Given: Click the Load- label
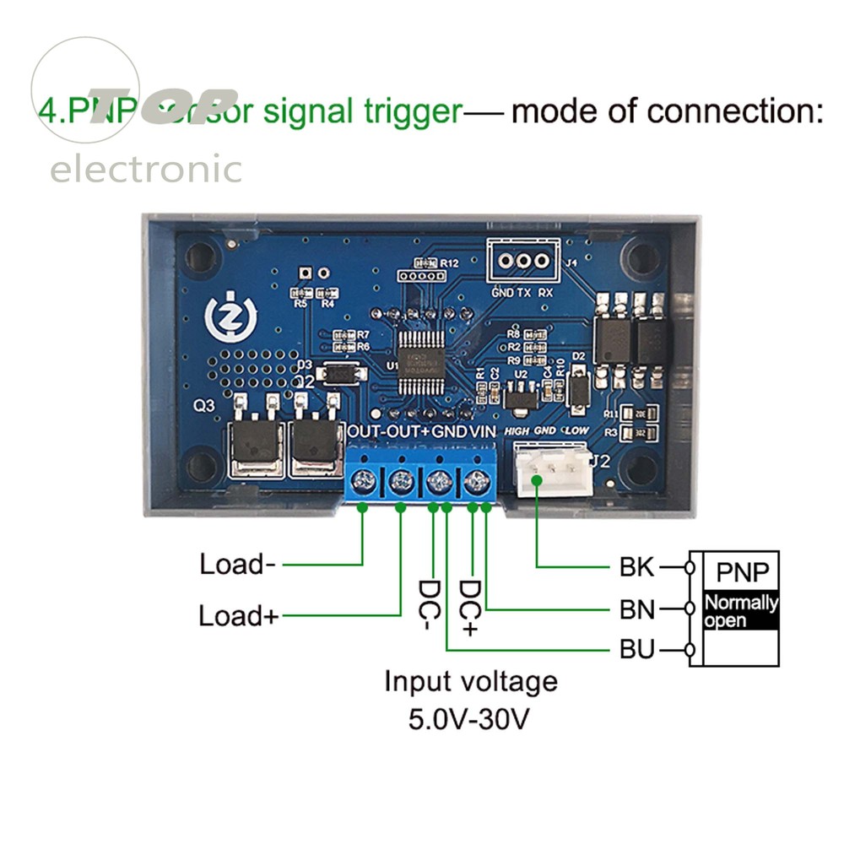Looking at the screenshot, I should (237, 564).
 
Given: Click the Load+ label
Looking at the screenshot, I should (238, 615).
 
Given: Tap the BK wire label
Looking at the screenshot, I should (636, 567).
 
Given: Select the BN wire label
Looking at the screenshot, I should (637, 609).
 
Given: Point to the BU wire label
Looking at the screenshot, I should (637, 651).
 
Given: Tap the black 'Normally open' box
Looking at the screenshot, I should (740, 611).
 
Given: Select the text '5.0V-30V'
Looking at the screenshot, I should (471, 719).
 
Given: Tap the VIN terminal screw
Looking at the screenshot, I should (477, 484).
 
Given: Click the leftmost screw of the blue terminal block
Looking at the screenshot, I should (363, 484).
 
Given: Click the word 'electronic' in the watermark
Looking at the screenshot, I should (146, 170).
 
